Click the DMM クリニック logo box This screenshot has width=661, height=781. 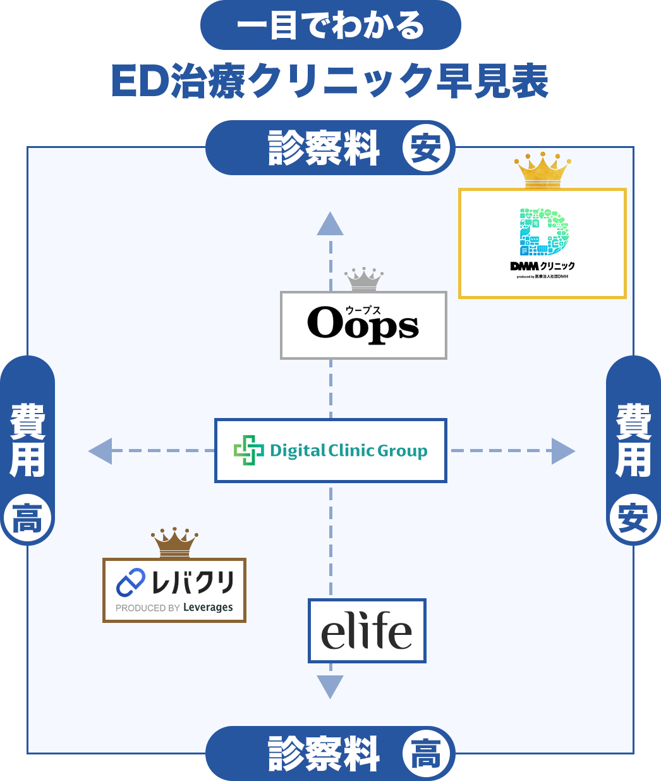pyautogui.click(x=542, y=243)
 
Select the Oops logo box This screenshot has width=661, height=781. pyautogui.click(x=363, y=325)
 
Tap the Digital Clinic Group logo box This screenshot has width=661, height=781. pyautogui.click(x=330, y=450)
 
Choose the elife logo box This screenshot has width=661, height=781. pyautogui.click(x=367, y=630)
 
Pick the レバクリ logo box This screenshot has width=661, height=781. pyautogui.click(x=174, y=590)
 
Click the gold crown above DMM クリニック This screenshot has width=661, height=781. pyautogui.click(x=542, y=170)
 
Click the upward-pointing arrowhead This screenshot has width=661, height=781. pyautogui.click(x=330, y=224)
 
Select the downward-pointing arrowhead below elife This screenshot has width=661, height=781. pyautogui.click(x=330, y=686)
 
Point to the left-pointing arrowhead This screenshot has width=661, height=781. pyautogui.click(x=100, y=451)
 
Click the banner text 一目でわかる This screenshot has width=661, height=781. pyautogui.click(x=330, y=25)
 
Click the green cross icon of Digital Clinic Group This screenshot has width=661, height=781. pyautogui.click(x=249, y=450)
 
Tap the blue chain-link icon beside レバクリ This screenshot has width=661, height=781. pyautogui.click(x=131, y=582)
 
